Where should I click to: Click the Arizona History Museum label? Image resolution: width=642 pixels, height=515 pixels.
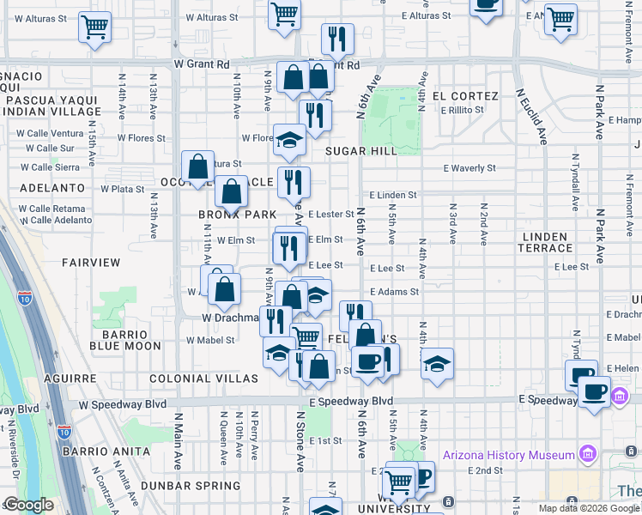click(508, 455)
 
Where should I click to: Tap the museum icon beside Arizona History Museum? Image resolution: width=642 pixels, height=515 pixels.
click(588, 452)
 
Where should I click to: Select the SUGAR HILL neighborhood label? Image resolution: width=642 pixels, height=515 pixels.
click(360, 151)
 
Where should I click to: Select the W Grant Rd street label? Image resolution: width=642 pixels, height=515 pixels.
click(202, 64)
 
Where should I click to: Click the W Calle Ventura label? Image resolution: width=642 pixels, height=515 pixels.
click(51, 133)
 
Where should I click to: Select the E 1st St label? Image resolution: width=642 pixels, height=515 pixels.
click(325, 440)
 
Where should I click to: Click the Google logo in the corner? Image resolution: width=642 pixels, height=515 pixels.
click(28, 505)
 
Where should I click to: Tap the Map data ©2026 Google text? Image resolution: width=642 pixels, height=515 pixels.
click(589, 508)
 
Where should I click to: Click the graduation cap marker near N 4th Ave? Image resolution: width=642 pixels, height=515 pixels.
click(437, 363)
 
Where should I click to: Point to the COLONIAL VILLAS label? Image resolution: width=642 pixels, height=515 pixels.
click(203, 379)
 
